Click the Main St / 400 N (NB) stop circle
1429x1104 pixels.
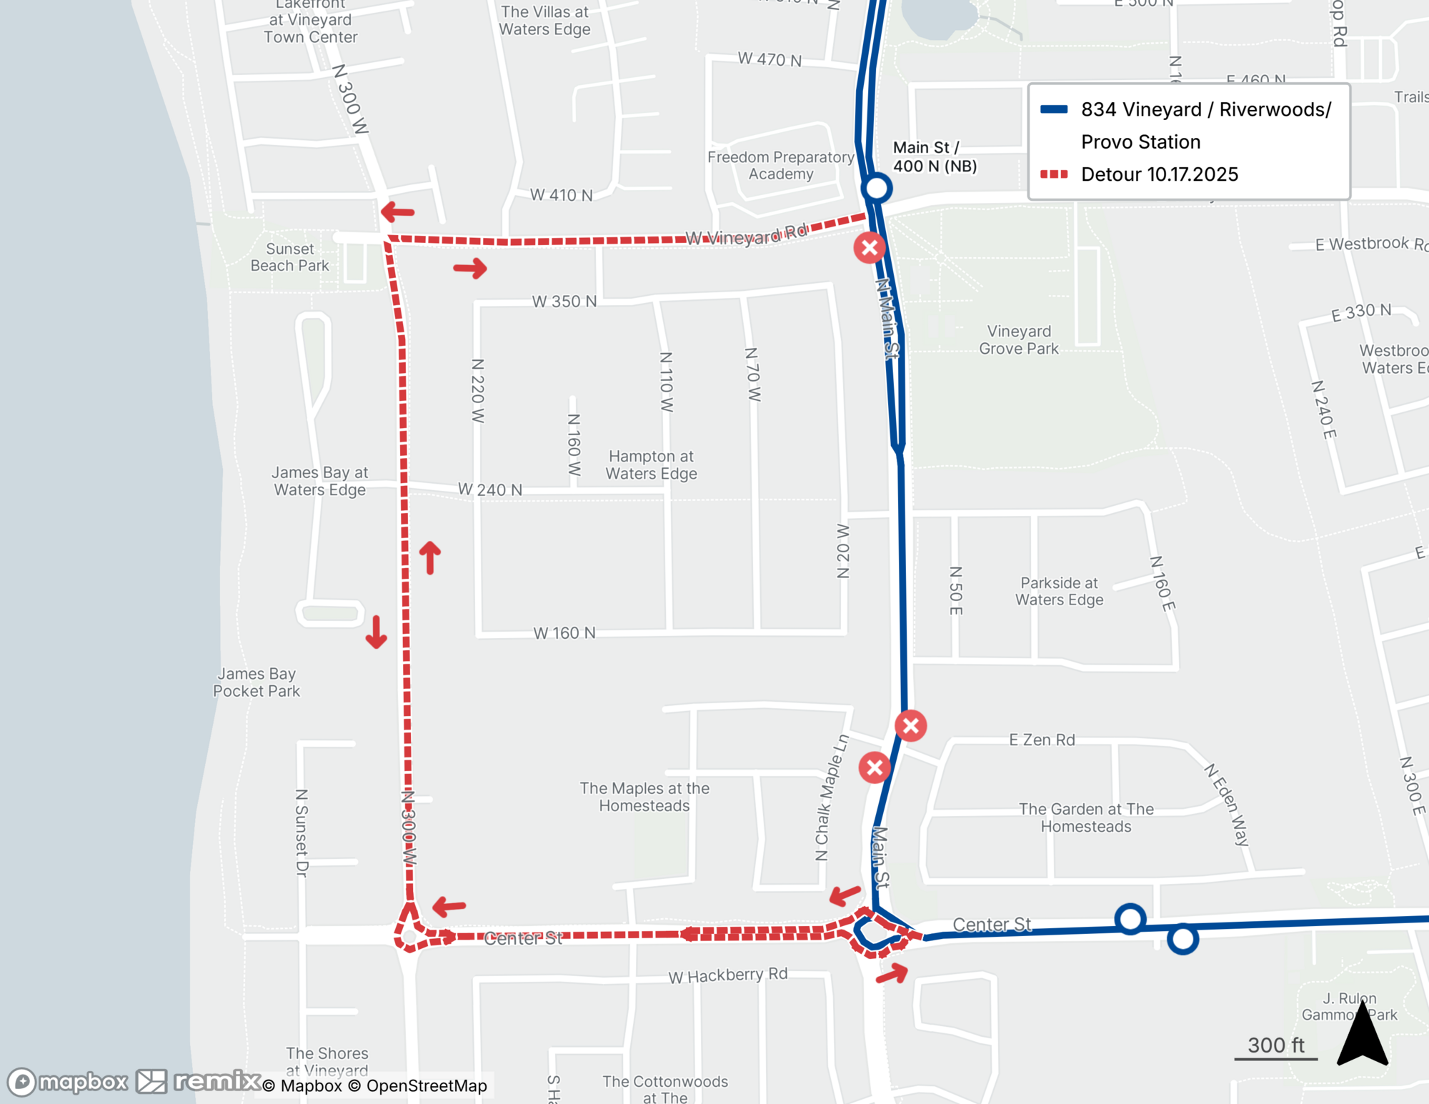click(877, 189)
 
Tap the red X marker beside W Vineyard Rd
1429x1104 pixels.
click(870, 248)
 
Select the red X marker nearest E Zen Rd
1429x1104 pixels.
click(911, 726)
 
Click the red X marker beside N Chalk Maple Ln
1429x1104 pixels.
click(875, 768)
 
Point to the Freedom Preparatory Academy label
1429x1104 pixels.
click(780, 166)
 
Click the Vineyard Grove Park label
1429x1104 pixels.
click(1019, 340)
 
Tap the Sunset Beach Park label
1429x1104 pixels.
click(289, 257)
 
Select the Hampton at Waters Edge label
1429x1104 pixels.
click(651, 465)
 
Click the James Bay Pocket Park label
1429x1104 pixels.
click(257, 682)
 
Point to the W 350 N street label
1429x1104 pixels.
click(564, 302)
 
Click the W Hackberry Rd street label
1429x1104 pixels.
click(727, 975)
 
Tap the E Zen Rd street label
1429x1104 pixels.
click(1042, 740)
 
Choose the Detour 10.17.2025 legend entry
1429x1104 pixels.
click(1159, 174)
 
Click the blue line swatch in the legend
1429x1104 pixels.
click(1054, 109)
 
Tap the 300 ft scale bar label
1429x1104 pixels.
click(1276, 1045)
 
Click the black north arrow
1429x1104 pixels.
click(1363, 1036)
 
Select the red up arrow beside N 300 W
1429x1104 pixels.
click(429, 557)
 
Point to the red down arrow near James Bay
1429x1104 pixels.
click(377, 632)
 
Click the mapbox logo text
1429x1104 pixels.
click(83, 1082)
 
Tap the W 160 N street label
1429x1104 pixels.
click(564, 633)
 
